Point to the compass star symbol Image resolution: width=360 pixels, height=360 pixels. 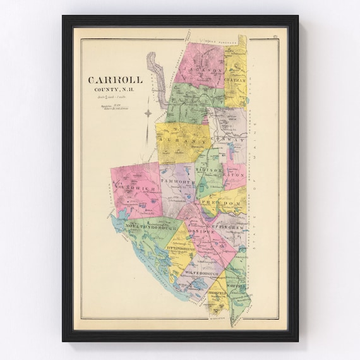(148, 114)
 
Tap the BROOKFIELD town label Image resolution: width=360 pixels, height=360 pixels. (216, 293)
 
